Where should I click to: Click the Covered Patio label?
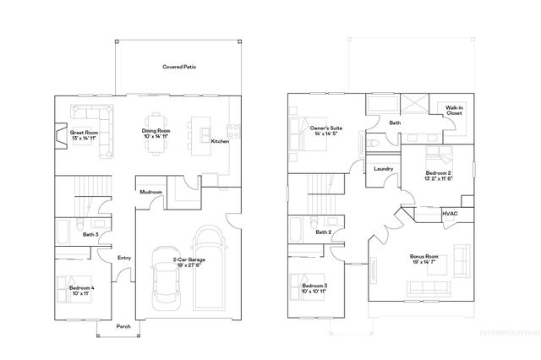(179, 67)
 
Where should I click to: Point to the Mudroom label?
(151, 192)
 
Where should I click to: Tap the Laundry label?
(383, 169)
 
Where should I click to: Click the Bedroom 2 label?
(439, 175)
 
